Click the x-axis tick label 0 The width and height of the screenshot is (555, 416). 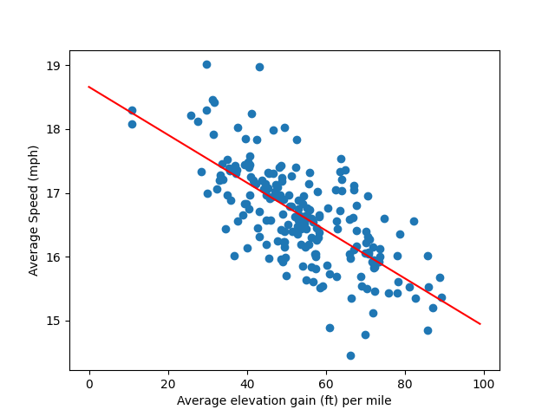coord(89,383)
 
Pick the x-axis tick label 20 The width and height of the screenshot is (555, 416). coord(168,383)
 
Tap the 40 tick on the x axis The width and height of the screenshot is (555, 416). coord(247,383)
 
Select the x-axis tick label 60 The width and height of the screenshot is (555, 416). coord(326,383)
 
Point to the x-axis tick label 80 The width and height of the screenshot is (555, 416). coord(405,383)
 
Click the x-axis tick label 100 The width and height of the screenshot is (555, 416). coord(484,383)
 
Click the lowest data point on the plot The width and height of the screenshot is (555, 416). coord(350,355)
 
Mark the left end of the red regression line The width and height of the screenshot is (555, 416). coord(89,87)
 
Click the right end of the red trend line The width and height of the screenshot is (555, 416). coord(480,324)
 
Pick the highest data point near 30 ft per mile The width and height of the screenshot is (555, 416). coord(206,64)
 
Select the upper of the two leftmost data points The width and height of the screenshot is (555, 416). coord(132,110)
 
